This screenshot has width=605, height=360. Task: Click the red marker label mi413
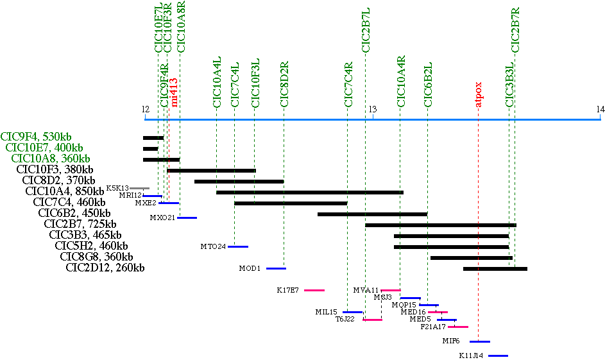[x=174, y=92]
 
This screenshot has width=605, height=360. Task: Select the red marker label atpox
[x=479, y=94]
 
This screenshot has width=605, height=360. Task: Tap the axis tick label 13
[x=372, y=110]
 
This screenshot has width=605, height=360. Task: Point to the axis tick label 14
[x=600, y=110]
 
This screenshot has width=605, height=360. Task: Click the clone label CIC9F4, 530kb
[x=37, y=136]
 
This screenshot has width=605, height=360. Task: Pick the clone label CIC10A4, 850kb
[x=65, y=191]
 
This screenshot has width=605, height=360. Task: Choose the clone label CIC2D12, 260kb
[x=106, y=268]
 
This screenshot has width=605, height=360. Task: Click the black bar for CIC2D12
[x=495, y=268]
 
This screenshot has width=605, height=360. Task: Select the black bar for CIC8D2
[x=239, y=182]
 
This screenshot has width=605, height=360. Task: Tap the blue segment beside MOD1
[x=276, y=268]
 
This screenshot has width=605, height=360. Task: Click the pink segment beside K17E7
[x=314, y=290]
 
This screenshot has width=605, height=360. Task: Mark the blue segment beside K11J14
[x=498, y=356]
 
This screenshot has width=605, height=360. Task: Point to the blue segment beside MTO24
[x=237, y=246]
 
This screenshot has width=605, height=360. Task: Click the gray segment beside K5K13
[x=139, y=188]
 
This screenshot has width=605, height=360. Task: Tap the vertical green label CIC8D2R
[x=284, y=84]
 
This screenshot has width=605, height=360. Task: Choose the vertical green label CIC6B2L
[x=428, y=84]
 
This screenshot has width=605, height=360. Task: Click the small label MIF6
[x=451, y=341]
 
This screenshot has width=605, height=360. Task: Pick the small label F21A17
[x=433, y=327]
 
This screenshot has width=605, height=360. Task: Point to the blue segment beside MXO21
[x=187, y=218]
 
